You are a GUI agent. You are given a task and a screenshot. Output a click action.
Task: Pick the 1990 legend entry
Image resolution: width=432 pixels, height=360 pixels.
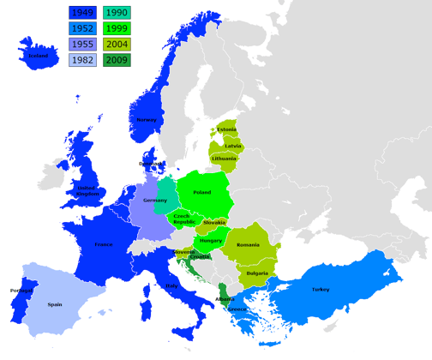(116, 12)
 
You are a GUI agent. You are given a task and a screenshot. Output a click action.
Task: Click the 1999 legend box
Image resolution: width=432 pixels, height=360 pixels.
(116, 28)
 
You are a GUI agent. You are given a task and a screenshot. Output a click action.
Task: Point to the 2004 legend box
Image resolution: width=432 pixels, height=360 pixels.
(116, 45)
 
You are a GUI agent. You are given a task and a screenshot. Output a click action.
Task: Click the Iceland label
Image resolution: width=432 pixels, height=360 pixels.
(37, 57)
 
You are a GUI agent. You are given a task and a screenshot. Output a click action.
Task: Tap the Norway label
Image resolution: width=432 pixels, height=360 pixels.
(147, 119)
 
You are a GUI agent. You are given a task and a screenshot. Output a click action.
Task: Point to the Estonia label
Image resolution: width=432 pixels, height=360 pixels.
(226, 129)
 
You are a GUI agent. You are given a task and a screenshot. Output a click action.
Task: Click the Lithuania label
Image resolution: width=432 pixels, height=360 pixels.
(225, 159)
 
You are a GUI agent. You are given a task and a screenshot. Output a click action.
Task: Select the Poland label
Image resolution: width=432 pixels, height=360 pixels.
(202, 193)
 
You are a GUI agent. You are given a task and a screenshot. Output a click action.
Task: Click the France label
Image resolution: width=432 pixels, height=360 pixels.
(103, 244)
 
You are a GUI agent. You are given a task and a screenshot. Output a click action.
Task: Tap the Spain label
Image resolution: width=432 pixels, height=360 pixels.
(55, 303)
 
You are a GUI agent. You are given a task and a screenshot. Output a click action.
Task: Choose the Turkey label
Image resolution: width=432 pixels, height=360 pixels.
(321, 290)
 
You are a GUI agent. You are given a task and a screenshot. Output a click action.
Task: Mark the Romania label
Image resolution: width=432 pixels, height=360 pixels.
(248, 245)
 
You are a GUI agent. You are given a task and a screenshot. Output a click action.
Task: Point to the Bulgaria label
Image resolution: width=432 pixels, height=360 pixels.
(257, 273)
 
